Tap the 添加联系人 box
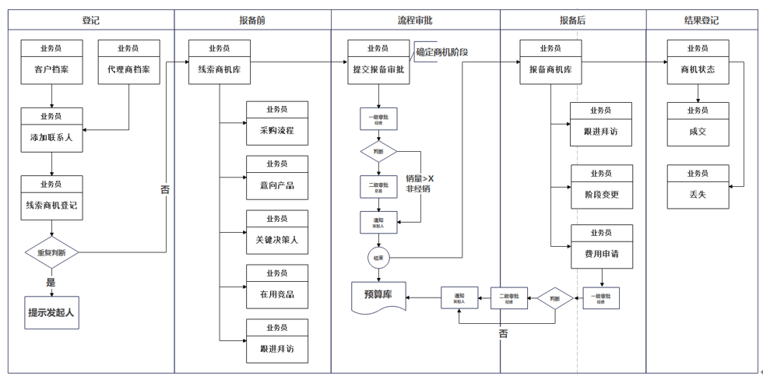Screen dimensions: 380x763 tap(51, 129)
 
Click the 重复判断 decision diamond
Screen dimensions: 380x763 tap(51, 252)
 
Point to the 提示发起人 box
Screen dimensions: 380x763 tap(53, 312)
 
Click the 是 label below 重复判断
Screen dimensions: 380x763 tap(51, 282)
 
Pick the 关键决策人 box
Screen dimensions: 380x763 tap(276, 233)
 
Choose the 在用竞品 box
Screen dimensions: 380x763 tap(276, 287)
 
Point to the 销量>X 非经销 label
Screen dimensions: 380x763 tap(420, 184)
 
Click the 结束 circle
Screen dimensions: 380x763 tap(378, 258)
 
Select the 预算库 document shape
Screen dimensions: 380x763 tap(378, 297)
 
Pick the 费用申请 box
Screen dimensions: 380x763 tap(601, 246)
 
